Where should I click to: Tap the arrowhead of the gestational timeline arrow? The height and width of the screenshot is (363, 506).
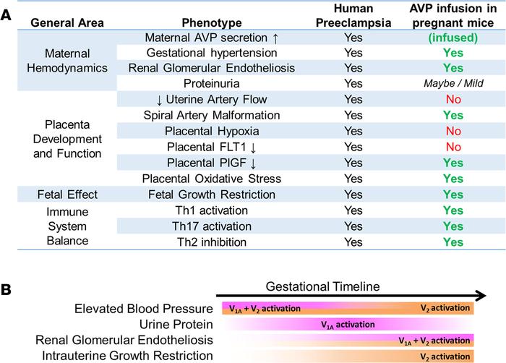click(478, 296)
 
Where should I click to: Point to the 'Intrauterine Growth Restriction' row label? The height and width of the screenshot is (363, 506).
click(128, 355)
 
